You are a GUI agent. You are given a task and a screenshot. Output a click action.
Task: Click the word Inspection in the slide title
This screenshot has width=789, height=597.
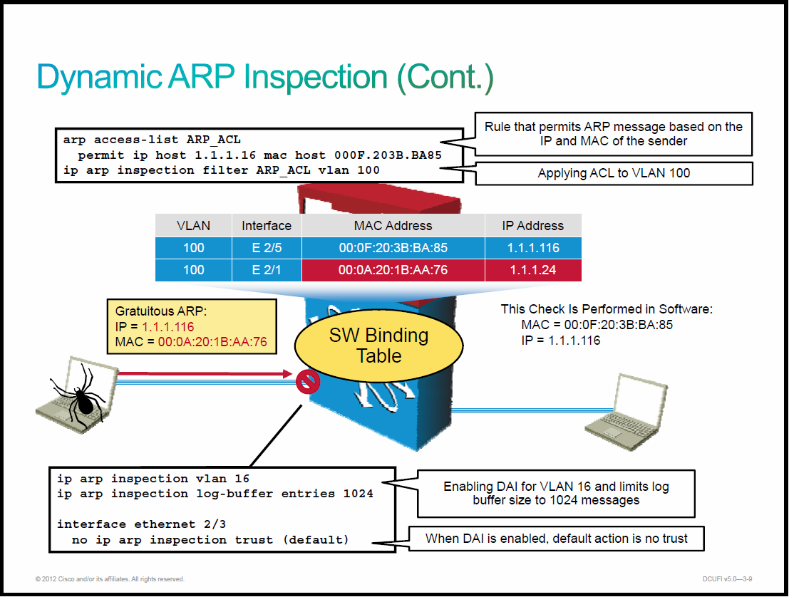click(x=316, y=77)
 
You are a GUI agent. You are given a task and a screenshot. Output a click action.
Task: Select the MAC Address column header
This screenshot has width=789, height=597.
click(x=393, y=225)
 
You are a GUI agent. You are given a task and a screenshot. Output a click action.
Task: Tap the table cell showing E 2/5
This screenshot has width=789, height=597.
click(x=267, y=248)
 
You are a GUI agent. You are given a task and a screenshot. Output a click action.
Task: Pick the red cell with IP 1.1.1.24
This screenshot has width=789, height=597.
click(x=533, y=270)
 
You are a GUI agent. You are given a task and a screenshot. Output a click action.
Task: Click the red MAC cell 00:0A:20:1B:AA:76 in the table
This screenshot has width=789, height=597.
click(x=393, y=270)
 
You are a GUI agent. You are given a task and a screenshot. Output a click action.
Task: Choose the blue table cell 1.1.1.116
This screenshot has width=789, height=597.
click(x=533, y=248)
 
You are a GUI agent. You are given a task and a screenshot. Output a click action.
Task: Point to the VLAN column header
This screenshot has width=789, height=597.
click(x=193, y=225)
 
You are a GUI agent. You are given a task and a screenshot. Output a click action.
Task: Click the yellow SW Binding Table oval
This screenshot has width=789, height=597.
click(x=378, y=346)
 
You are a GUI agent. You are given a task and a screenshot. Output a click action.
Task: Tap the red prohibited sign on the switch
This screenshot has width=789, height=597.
click(x=308, y=383)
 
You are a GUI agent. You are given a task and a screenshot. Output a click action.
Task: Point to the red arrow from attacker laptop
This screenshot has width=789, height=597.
click(x=205, y=374)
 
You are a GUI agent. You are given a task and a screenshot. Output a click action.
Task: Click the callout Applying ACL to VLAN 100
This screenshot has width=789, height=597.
click(x=614, y=173)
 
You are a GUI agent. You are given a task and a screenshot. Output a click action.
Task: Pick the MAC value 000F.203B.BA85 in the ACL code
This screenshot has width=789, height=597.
click(x=388, y=155)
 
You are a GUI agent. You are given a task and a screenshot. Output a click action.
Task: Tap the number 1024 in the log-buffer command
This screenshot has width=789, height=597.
click(x=359, y=494)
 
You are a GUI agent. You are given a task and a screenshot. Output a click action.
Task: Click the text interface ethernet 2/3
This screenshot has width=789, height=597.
click(x=141, y=524)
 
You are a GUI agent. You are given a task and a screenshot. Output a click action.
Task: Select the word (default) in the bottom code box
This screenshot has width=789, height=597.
click(x=316, y=540)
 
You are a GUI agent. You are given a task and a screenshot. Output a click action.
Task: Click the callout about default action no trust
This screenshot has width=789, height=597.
click(x=556, y=539)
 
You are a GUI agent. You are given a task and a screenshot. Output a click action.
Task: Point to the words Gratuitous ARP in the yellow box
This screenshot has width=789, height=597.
click(x=160, y=311)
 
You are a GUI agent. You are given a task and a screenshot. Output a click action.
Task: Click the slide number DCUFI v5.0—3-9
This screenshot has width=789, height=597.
click(x=727, y=579)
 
